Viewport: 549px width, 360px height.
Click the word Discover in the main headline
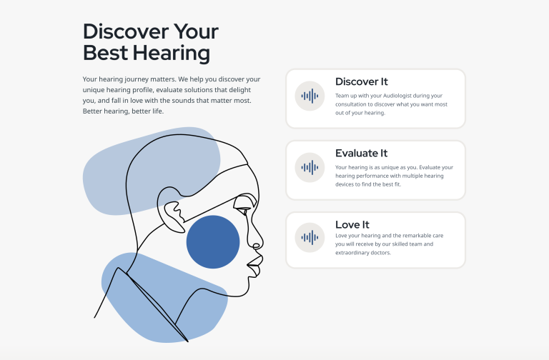click(x=126, y=31)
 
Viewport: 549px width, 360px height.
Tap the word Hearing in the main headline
click(x=172, y=54)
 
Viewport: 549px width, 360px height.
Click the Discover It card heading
click(x=361, y=81)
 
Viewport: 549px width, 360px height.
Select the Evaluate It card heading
click(x=361, y=153)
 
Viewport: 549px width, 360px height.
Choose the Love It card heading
click(x=352, y=224)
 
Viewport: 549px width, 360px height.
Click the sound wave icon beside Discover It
click(x=310, y=96)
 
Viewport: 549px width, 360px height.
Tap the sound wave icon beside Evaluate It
click(x=310, y=168)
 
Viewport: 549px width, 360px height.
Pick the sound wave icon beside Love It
click(x=310, y=238)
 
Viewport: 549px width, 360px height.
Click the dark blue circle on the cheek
click(x=213, y=242)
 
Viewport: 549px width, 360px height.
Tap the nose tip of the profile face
click(x=261, y=242)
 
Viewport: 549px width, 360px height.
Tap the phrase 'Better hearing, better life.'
click(x=123, y=111)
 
